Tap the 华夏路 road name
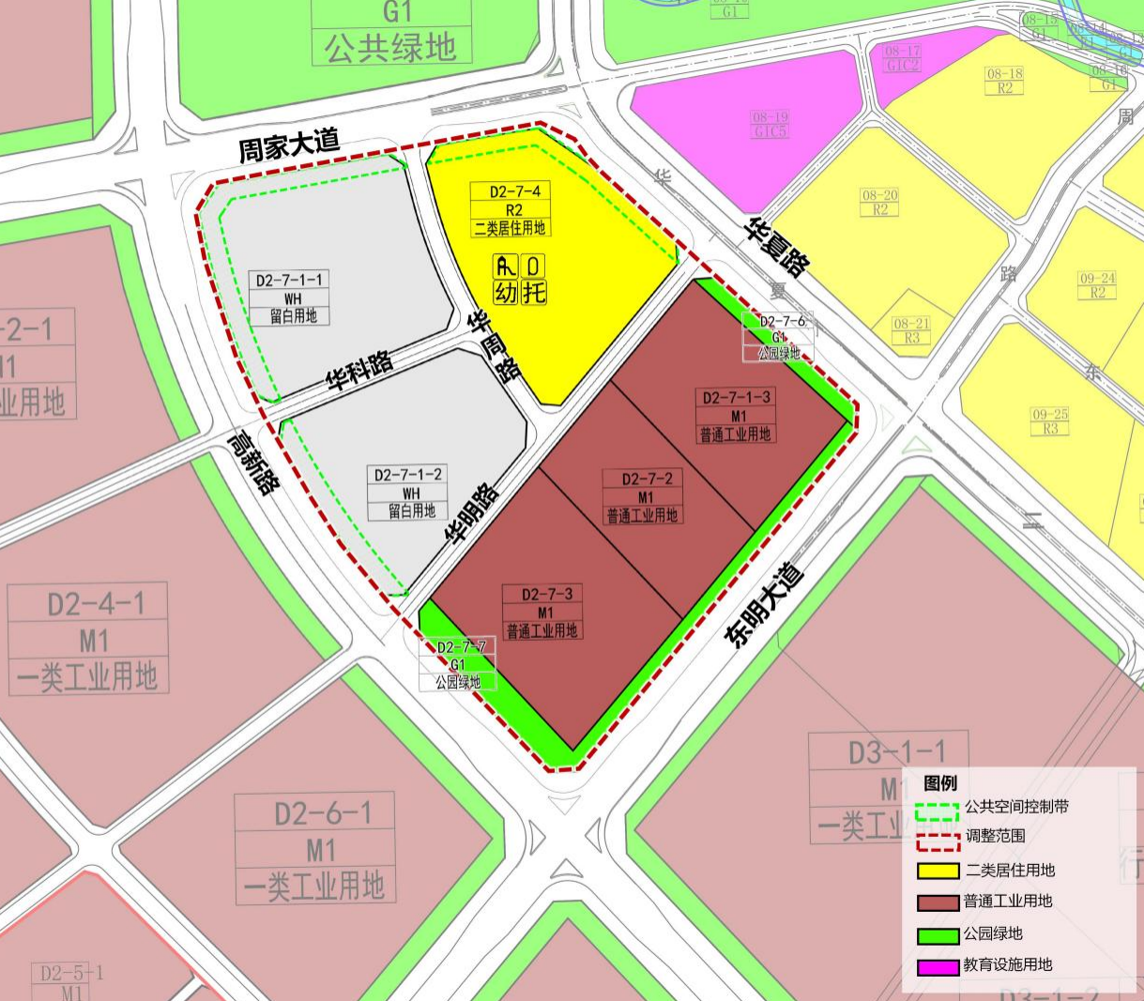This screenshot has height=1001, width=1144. [x=778, y=247]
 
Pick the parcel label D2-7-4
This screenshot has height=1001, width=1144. [x=514, y=192]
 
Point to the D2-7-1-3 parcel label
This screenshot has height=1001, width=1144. [x=737, y=398]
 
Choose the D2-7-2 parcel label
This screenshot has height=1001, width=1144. [x=647, y=479]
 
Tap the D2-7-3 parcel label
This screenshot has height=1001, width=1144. [x=546, y=594]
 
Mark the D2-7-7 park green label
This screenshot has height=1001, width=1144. [x=461, y=647]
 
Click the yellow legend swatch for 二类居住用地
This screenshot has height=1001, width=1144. [x=938, y=871]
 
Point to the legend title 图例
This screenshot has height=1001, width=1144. [x=940, y=783]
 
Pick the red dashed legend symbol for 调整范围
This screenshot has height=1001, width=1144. [x=938, y=838]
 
